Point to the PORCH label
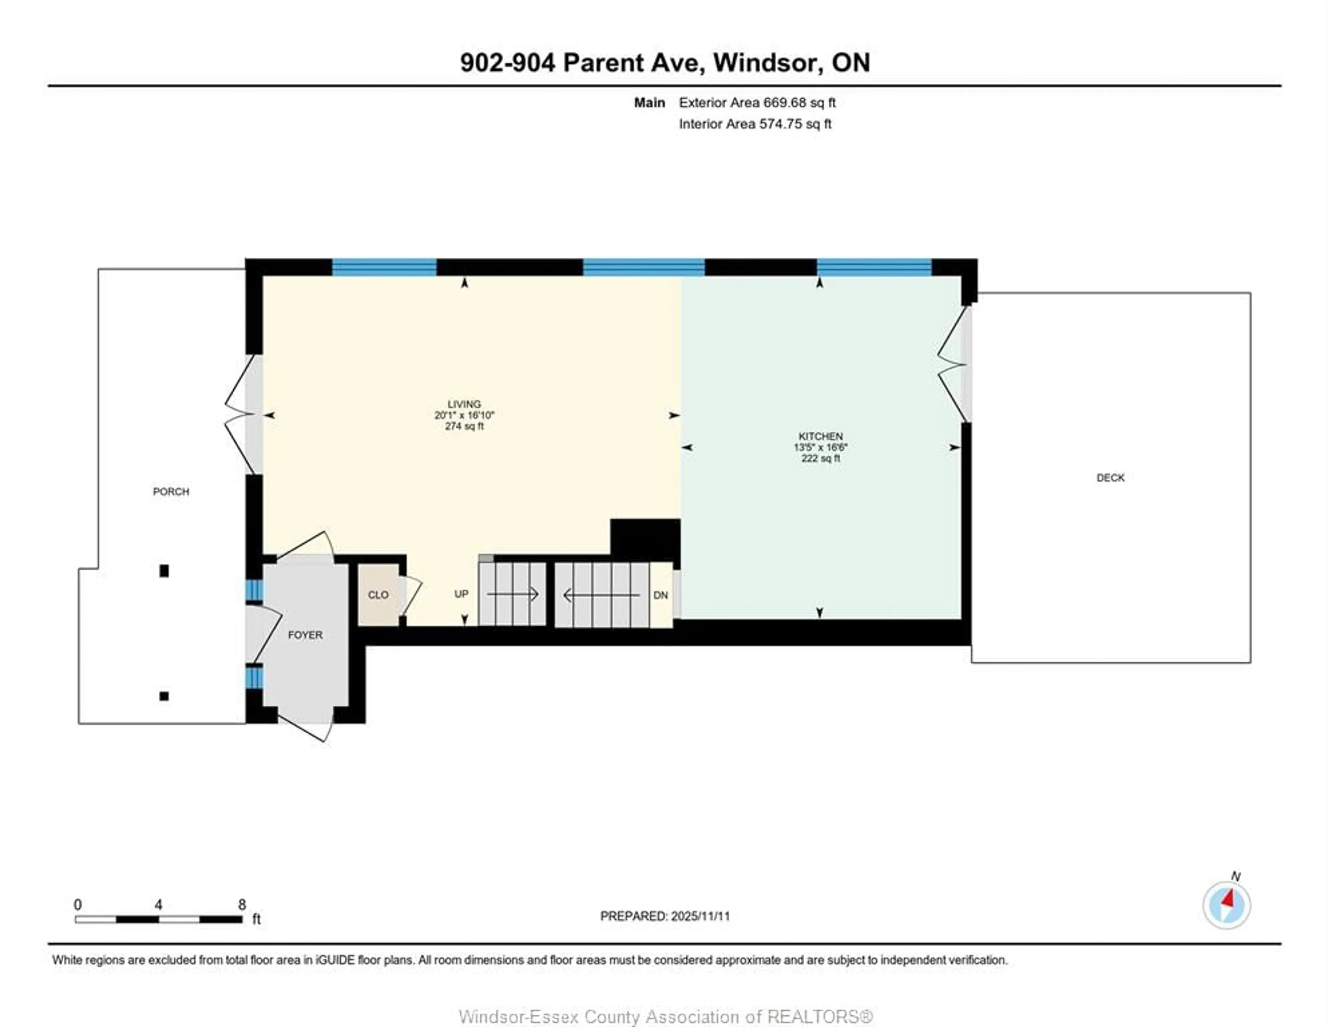[171, 491]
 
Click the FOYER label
[305, 635]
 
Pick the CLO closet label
[378, 595]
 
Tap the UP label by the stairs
[461, 594]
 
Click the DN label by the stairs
[660, 595]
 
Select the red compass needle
[1229, 899]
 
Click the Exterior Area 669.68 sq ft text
[757, 102]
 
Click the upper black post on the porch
[164, 570]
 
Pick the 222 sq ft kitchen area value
[820, 458]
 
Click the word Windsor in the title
[765, 63]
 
